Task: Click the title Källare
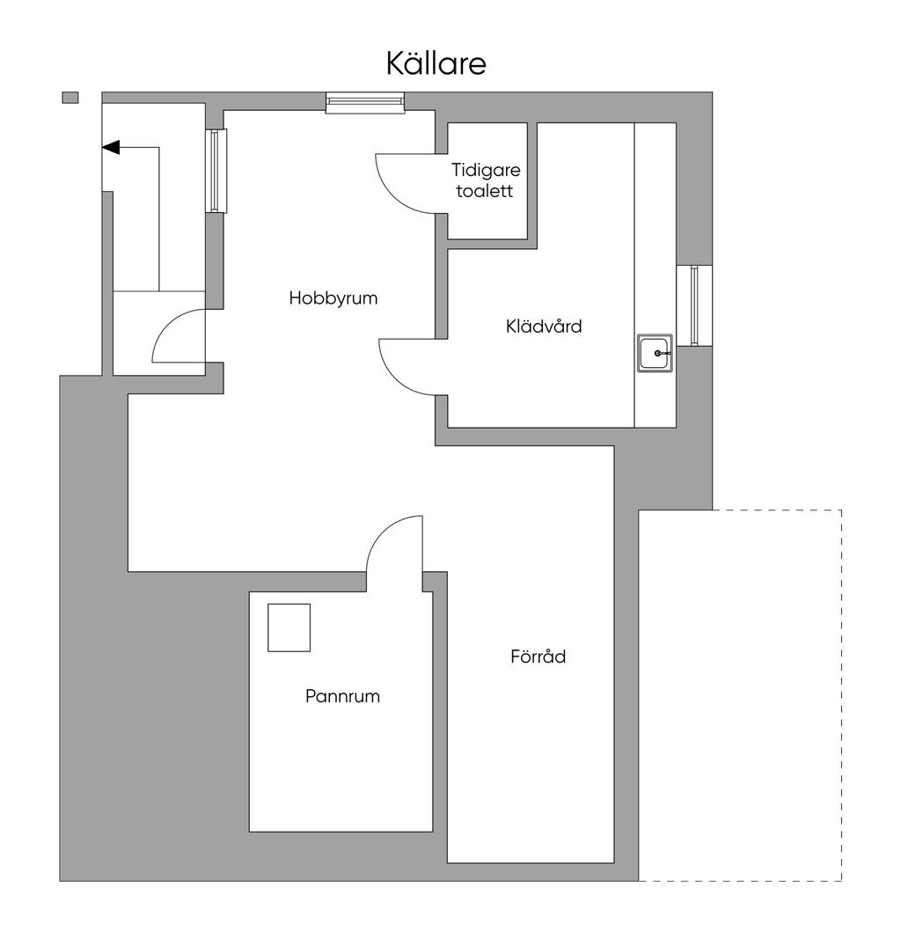[x=436, y=63]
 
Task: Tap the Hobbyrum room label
[x=333, y=297]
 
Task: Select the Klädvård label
[x=544, y=327]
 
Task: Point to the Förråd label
[x=538, y=657]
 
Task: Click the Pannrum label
[x=342, y=696]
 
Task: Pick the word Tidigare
[x=486, y=170]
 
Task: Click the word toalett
[x=485, y=191]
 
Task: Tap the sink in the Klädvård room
[x=655, y=353]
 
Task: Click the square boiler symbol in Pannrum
[x=289, y=627]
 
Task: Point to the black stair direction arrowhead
[x=111, y=147]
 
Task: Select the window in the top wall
[x=365, y=103]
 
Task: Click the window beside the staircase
[x=216, y=171]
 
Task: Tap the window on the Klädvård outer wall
[x=694, y=305]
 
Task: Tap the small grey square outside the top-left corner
[x=70, y=98]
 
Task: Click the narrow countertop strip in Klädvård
[x=655, y=275]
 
